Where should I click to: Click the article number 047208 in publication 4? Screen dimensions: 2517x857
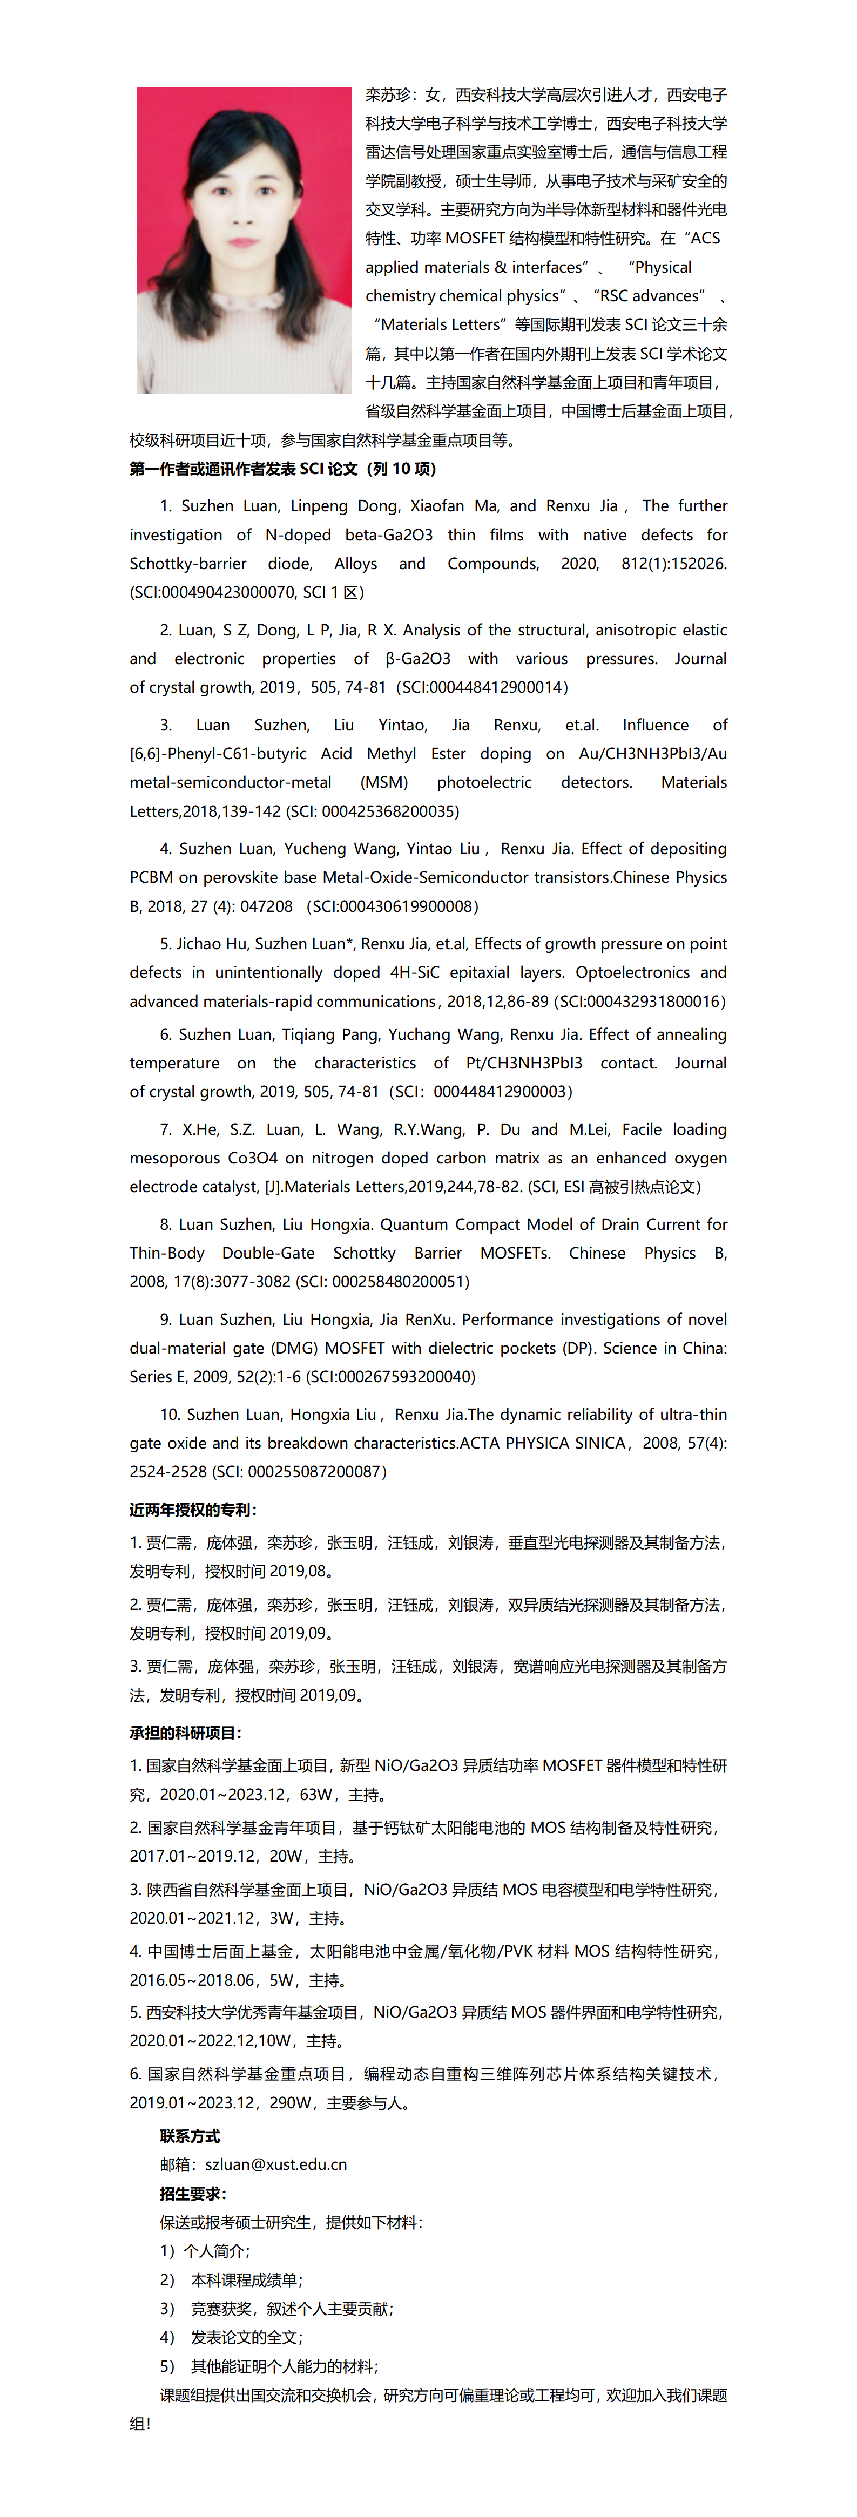pos(266,906)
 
